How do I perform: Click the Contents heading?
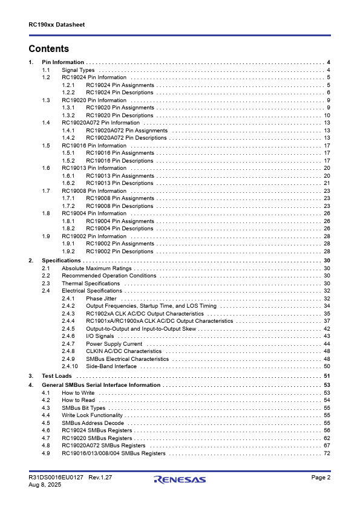(x=49, y=49)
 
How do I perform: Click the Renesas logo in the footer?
(x=180, y=480)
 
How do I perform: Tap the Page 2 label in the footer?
(x=321, y=478)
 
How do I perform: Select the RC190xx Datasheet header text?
(x=56, y=25)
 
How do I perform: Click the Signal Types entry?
(x=78, y=70)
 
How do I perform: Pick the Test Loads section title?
(x=56, y=376)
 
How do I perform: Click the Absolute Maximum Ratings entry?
(x=96, y=268)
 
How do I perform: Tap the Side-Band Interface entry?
(x=111, y=366)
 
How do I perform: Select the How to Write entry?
(x=78, y=393)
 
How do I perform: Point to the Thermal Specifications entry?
(x=91, y=284)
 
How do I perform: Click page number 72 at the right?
(x=327, y=453)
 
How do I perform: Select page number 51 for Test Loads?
(x=327, y=376)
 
